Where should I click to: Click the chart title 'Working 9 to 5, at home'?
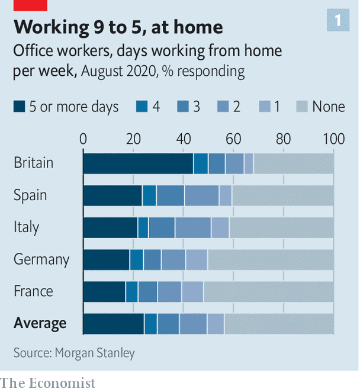[x=118, y=27]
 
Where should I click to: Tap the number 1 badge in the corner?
[x=338, y=21]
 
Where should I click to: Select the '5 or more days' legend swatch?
[x=20, y=107]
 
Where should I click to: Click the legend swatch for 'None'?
[x=302, y=107]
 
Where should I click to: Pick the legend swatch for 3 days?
[x=182, y=107]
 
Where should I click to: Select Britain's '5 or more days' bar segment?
[x=138, y=163]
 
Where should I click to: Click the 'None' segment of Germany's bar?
[x=271, y=259]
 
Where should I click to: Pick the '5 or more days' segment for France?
[x=104, y=291]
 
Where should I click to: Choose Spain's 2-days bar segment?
[x=201, y=195]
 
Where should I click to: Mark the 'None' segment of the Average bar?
[x=279, y=323]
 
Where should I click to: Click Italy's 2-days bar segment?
[x=193, y=227]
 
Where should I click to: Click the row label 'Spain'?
[x=30, y=195]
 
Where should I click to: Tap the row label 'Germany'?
[x=41, y=259]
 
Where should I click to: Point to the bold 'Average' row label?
[x=40, y=323]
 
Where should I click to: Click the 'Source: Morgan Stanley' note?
[x=75, y=353]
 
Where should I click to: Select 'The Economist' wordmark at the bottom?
[x=48, y=383]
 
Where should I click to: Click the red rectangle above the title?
[x=30, y=5]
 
